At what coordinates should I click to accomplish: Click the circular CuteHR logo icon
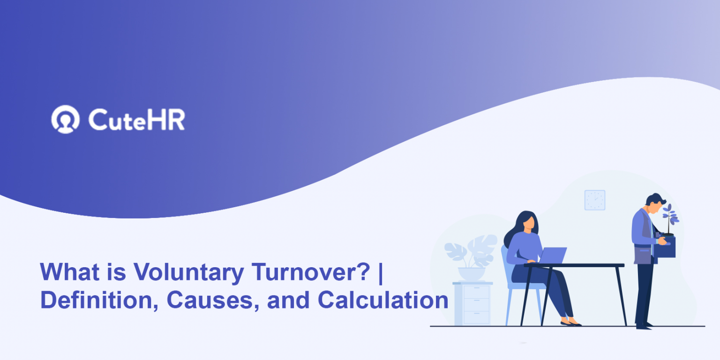(66, 119)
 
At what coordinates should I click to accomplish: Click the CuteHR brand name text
(136, 120)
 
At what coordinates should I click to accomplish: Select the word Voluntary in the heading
(189, 272)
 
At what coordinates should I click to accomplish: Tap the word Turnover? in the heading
(310, 272)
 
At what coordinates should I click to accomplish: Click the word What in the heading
(69, 272)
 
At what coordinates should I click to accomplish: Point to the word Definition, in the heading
(99, 300)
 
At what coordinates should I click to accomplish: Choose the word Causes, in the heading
(213, 300)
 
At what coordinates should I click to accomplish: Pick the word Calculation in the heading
(383, 300)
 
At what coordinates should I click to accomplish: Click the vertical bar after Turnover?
(381, 273)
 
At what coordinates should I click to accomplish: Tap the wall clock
(595, 200)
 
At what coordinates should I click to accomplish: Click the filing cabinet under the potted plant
(472, 304)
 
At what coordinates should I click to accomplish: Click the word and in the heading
(288, 300)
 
